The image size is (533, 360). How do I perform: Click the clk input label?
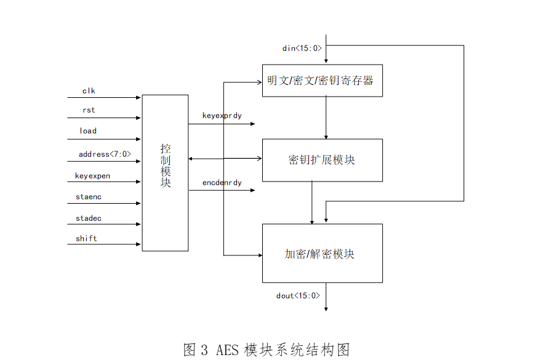89,91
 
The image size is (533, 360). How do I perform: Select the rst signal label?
89,111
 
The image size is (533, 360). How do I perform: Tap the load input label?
88,131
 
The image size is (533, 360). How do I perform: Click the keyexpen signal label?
92,176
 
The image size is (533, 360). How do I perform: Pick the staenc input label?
89,197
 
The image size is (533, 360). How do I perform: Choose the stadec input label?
89,218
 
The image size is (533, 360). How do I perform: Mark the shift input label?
87,238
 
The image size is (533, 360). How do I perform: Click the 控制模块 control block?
165,172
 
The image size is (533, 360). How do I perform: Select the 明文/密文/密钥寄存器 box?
322,81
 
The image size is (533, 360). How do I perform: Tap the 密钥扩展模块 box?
322,160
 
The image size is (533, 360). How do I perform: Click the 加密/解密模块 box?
322,254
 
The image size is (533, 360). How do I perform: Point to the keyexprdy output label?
222,116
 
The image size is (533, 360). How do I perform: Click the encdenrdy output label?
222,183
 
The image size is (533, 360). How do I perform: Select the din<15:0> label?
302,48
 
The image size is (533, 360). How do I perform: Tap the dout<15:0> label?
299,296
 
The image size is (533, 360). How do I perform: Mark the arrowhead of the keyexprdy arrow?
252,124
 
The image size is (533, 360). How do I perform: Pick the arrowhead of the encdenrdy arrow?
252,191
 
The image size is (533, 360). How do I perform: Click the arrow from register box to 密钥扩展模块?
326,118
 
